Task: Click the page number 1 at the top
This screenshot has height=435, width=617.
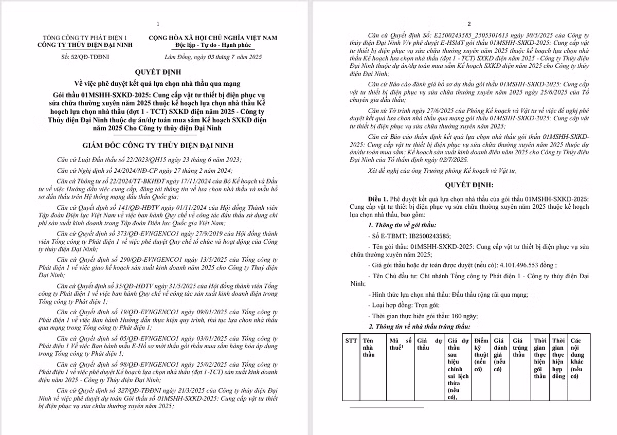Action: [x=158, y=24]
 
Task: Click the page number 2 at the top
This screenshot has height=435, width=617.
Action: [x=469, y=24]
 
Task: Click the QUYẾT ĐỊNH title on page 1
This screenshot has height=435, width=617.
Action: [x=158, y=72]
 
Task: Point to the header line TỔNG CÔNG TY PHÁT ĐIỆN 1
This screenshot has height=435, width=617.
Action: [x=85, y=38]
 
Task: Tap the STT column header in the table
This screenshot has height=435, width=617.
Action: [x=351, y=340]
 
